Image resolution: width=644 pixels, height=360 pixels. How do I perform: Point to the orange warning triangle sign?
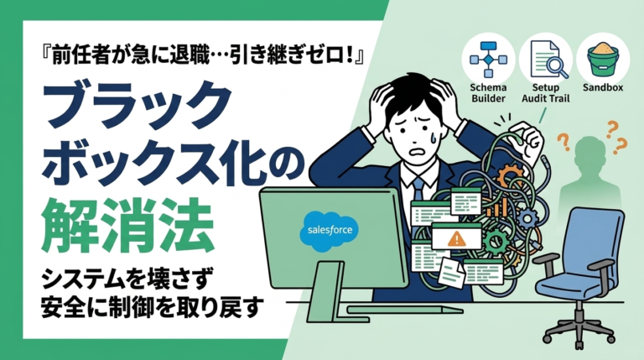click(x=456, y=238)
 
